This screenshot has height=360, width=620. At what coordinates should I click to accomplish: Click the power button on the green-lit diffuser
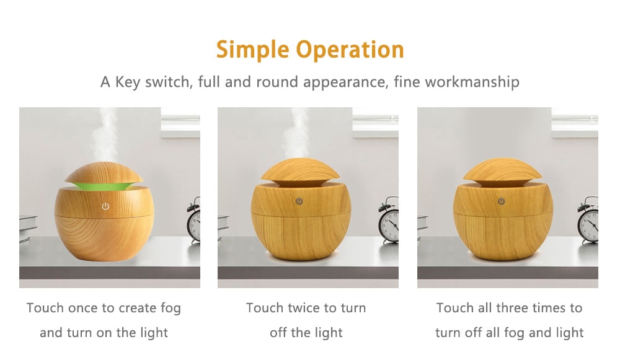pyautogui.click(x=105, y=206)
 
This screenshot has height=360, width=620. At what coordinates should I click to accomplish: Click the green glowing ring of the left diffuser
pyautogui.click(x=104, y=185)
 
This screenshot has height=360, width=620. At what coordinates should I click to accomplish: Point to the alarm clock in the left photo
pyautogui.click(x=195, y=220)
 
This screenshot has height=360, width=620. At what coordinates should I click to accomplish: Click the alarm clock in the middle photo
pyautogui.click(x=389, y=220)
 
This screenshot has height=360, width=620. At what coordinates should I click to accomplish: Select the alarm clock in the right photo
pyautogui.click(x=588, y=220)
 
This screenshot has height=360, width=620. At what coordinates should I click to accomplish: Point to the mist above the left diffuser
pyautogui.click(x=106, y=133)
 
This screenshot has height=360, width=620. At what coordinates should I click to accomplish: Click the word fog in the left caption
pyautogui.click(x=169, y=308)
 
